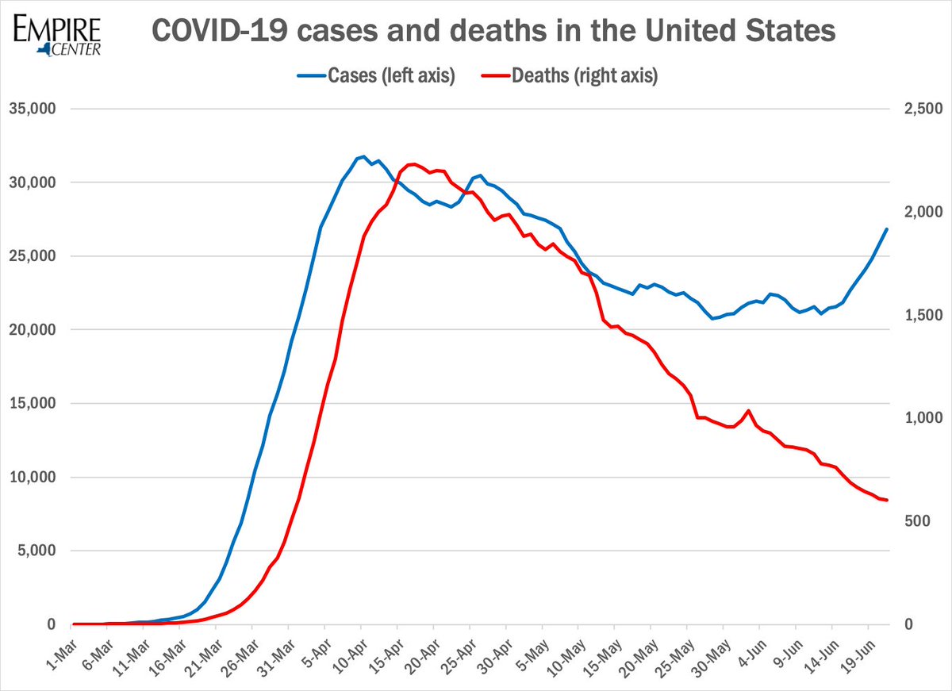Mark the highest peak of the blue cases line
click(363, 157)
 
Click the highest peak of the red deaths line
click(412, 164)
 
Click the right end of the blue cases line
click(887, 229)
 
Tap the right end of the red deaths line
click(887, 500)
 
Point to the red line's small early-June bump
click(748, 411)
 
